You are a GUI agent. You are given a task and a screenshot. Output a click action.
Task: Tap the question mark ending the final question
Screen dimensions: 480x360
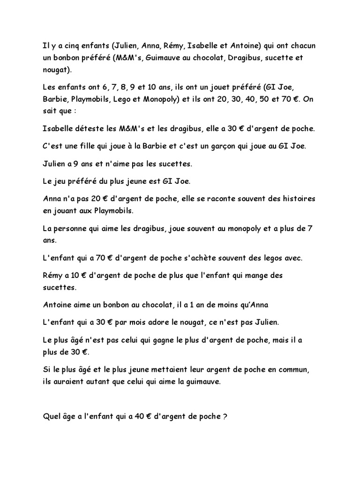[225, 416]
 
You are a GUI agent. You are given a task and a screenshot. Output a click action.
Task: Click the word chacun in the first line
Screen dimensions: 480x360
[300, 45]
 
